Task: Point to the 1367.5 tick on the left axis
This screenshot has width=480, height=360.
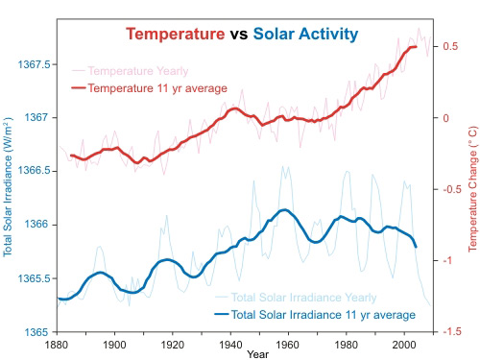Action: tap(32, 64)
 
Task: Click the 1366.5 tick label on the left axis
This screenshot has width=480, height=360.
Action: tap(32, 171)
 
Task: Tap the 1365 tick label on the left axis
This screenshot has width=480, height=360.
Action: tap(36, 331)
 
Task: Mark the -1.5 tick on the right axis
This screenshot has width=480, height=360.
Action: tap(447, 331)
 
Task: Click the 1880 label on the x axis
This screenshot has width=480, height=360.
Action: tap(58, 344)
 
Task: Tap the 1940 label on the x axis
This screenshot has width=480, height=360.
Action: tap(230, 344)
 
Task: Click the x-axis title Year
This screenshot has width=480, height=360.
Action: tap(256, 354)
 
